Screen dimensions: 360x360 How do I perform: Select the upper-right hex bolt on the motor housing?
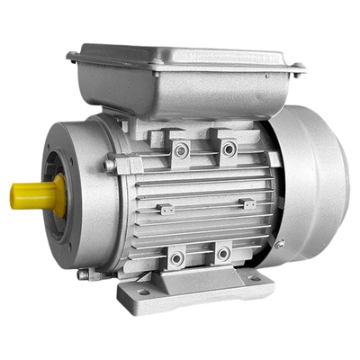point(229,148)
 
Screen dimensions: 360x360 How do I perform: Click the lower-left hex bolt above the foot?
point(177,258)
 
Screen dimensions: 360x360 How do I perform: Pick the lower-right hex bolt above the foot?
point(222,255)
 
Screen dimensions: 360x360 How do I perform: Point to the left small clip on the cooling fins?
point(166,209)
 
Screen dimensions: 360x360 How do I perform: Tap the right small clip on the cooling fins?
point(249,204)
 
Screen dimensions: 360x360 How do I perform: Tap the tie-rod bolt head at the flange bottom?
point(84,274)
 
